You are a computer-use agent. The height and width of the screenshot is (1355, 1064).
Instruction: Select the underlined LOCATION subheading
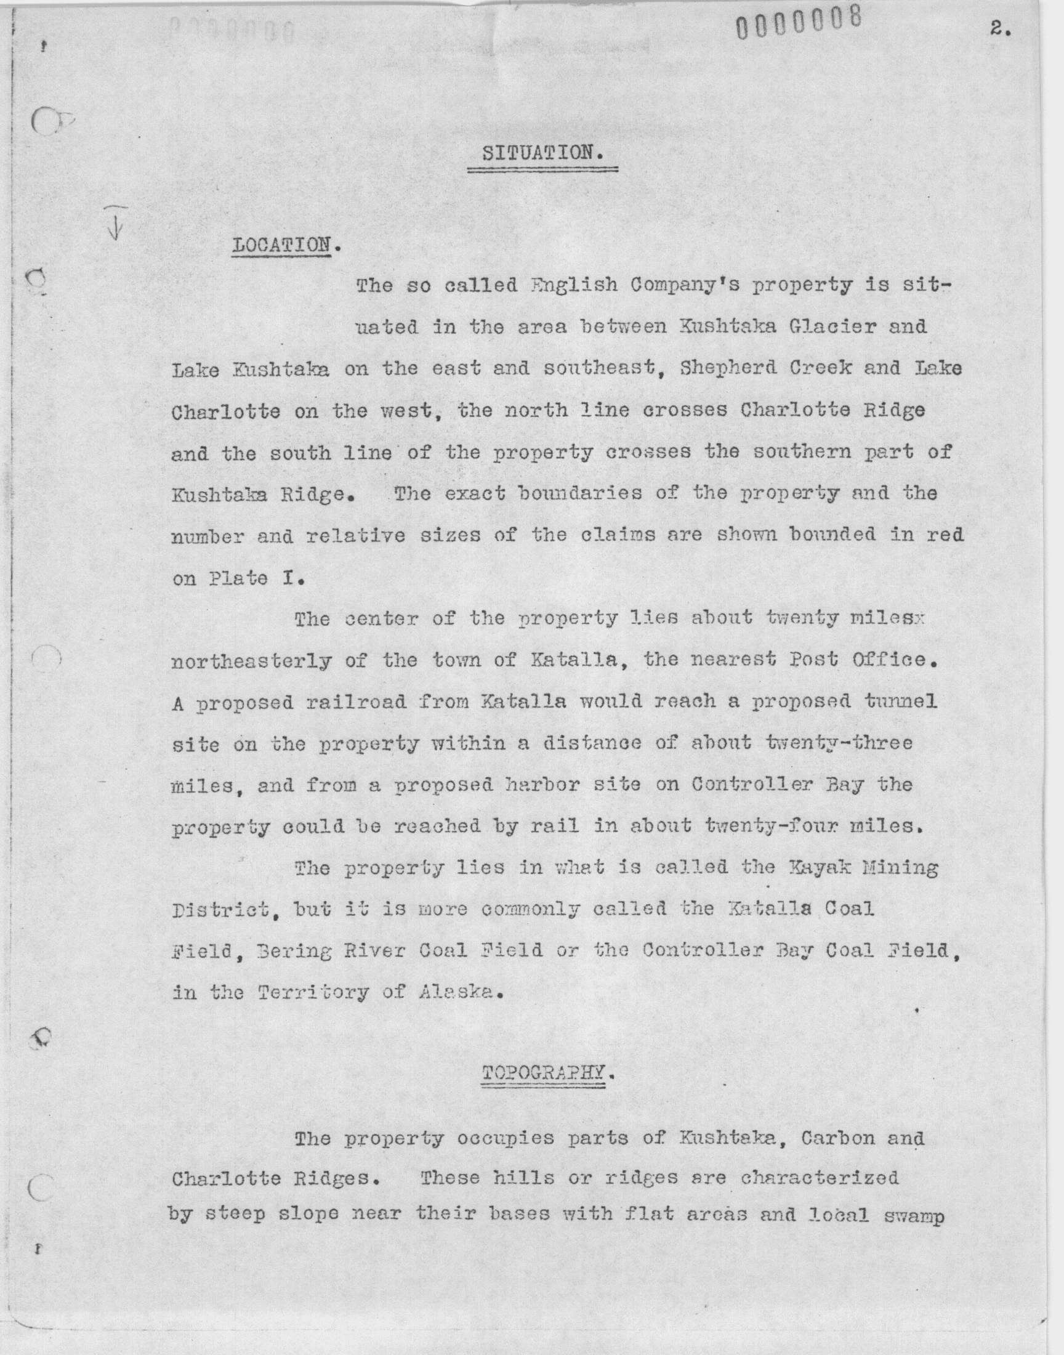[281, 245]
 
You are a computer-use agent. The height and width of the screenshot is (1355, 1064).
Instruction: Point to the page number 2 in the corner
[999, 30]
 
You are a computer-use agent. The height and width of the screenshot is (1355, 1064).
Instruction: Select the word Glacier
[819, 326]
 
